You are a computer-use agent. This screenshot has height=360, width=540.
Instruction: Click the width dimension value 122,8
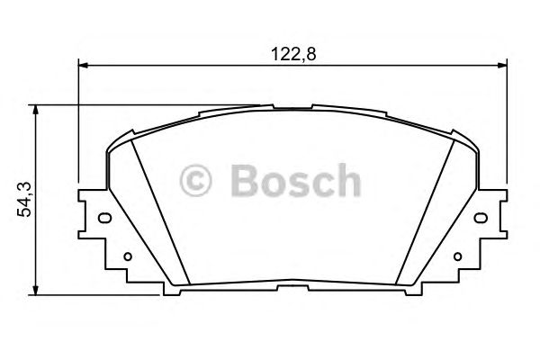[293, 53]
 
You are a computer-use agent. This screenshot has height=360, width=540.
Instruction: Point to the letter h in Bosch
[346, 180]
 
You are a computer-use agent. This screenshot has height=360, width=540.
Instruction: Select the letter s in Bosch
[298, 184]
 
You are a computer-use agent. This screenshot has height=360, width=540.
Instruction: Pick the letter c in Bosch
[322, 184]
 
